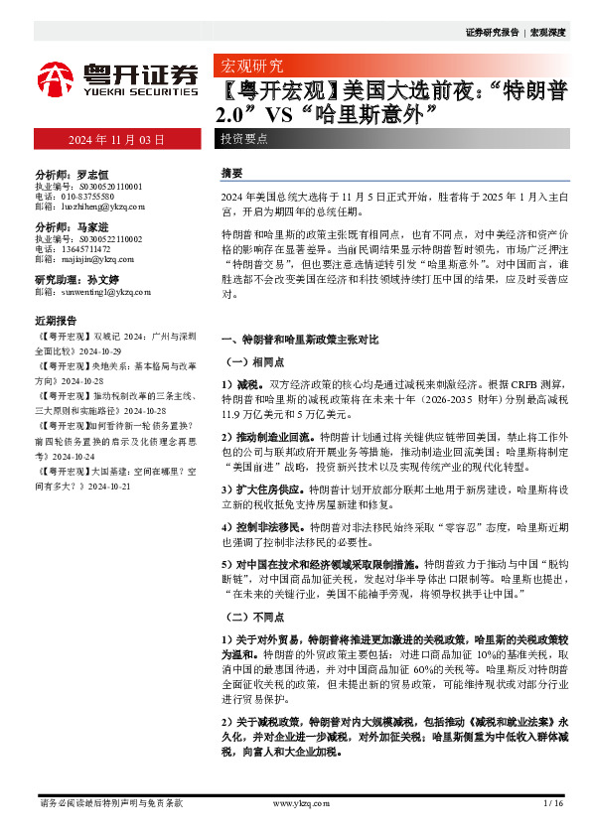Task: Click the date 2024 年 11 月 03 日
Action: tap(116, 140)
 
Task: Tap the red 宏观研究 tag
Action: tap(249, 68)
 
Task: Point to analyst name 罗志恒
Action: tap(92, 172)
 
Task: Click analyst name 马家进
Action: tap(92, 226)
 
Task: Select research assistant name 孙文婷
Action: tap(103, 280)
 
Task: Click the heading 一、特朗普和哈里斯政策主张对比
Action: tap(300, 339)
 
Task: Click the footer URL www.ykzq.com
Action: tap(297, 802)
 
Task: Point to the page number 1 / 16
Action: tap(553, 802)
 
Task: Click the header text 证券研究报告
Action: tap(492, 33)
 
